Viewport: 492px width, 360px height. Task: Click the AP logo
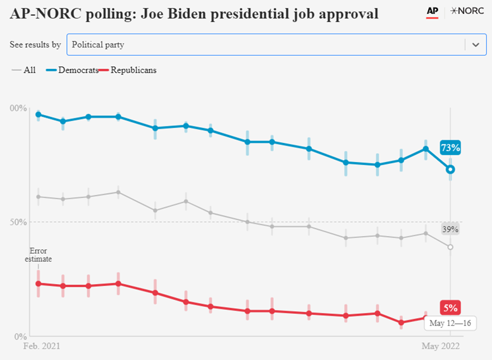tap(433, 11)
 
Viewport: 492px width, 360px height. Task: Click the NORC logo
tap(467, 11)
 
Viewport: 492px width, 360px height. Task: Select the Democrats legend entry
tap(74, 70)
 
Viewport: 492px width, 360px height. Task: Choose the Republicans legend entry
tap(130, 70)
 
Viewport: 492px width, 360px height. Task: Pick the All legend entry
tap(25, 70)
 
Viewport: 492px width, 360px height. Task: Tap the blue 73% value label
tap(450, 148)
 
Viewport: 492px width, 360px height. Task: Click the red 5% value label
tap(450, 308)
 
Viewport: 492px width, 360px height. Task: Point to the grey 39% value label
tap(450, 229)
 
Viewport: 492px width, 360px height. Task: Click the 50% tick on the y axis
tap(20, 222)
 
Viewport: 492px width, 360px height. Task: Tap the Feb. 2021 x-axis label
tap(42, 347)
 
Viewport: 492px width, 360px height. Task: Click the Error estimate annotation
tap(38, 254)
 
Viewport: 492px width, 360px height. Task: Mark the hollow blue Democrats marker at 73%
tap(450, 169)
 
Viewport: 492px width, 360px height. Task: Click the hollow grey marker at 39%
tap(450, 247)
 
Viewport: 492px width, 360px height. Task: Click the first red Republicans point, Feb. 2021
tap(38, 283)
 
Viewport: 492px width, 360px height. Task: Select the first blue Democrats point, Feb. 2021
tap(38, 115)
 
